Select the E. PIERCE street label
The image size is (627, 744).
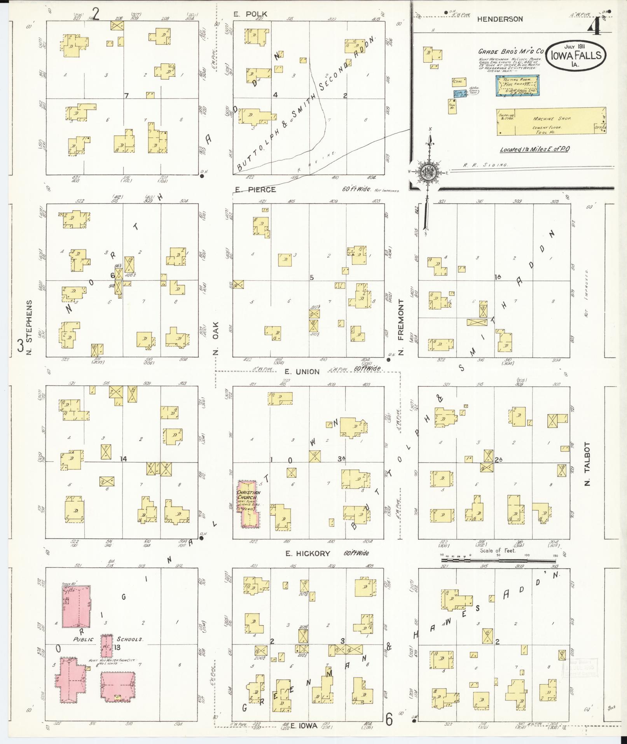[x=255, y=189]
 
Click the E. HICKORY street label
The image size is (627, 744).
[x=307, y=553]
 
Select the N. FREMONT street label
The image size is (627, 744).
[x=402, y=327]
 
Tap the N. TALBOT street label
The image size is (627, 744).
[x=587, y=464]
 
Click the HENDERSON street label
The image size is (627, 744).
[x=500, y=19]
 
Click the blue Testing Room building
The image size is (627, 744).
[x=519, y=86]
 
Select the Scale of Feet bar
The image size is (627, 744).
[x=498, y=561]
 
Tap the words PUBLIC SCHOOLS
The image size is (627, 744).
[x=108, y=639]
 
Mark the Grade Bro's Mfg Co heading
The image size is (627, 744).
[x=510, y=51]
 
